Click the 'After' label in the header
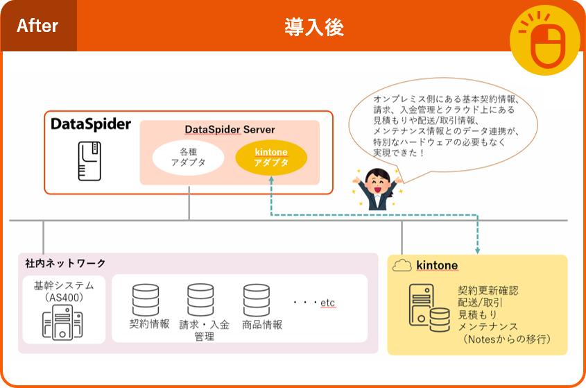pos(37,26)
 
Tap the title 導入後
pos(314,27)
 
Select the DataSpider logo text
pos(91,125)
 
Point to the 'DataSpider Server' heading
pos(230,130)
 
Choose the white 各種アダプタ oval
pos(188,157)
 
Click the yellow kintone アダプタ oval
pos(271,157)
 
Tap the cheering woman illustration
pos(379,188)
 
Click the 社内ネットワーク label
pos(66,263)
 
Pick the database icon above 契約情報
pos(146,300)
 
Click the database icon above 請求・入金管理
pos(200,300)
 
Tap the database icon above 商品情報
pos(256,300)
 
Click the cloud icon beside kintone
pos(402,265)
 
